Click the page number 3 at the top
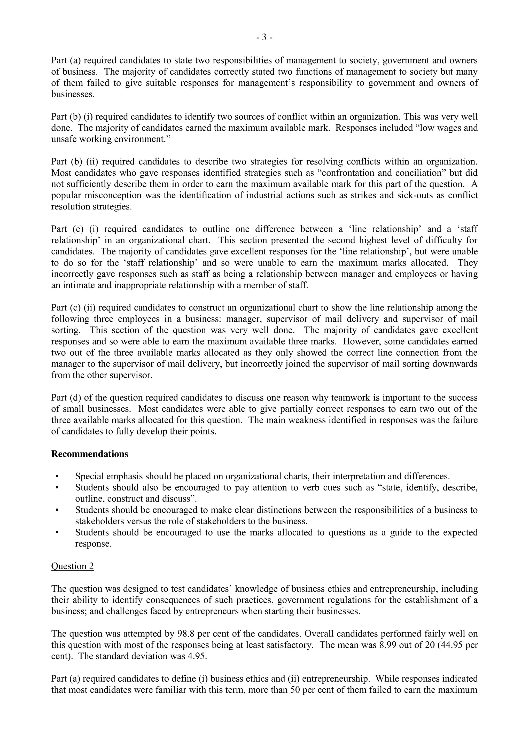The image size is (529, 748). coord(264,38)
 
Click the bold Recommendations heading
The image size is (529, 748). coord(90,454)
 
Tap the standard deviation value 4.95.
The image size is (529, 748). coord(197,656)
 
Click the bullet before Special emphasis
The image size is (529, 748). coord(57,476)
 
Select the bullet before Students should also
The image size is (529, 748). coord(57,488)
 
